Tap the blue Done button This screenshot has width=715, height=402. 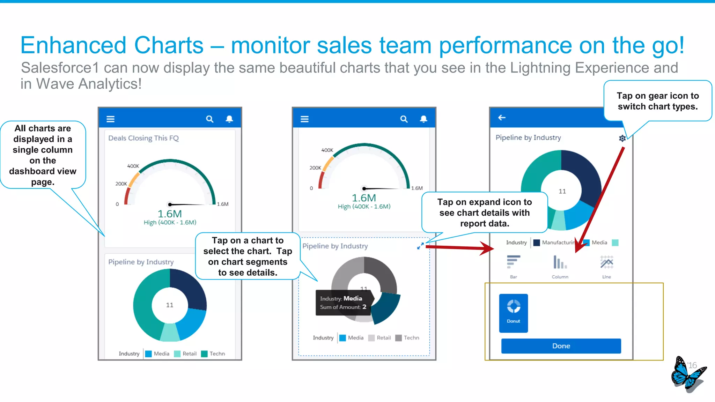point(561,346)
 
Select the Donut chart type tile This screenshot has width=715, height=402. point(513,313)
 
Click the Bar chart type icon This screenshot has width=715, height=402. point(514,262)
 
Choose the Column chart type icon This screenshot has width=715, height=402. point(560,262)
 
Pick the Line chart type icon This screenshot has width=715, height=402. point(606,262)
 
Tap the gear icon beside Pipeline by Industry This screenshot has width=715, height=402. point(622,138)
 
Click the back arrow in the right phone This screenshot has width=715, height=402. point(502,118)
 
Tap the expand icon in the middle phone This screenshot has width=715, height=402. point(420,246)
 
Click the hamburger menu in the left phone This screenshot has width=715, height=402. point(110,119)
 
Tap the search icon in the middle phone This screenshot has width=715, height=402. point(404,119)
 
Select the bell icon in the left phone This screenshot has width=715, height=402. point(229,119)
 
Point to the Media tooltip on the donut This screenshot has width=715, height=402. point(343,303)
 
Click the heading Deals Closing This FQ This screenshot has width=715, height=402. point(143,138)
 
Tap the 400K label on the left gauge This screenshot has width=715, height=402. point(133,166)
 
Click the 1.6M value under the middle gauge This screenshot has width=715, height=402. point(364,198)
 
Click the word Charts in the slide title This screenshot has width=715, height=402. point(169,45)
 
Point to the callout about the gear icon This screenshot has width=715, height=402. point(657,101)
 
